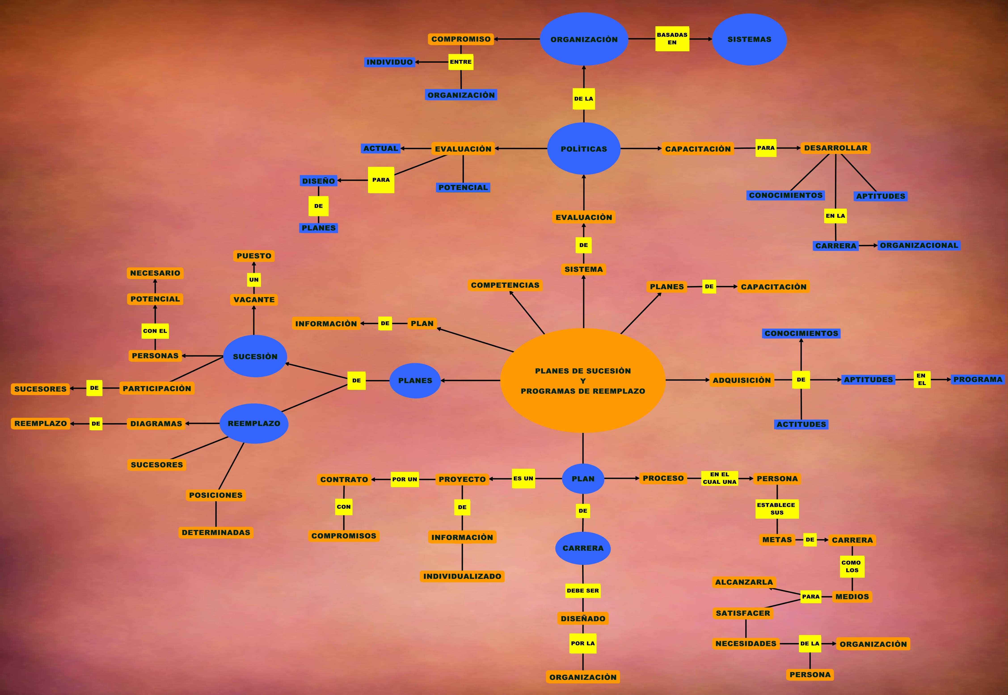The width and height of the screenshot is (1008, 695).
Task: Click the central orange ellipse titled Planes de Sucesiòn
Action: click(x=583, y=381)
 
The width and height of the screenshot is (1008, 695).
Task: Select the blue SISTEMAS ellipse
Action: click(x=749, y=39)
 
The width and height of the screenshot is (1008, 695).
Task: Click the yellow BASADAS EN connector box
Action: click(x=672, y=39)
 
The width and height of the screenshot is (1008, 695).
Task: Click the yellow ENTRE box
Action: click(x=461, y=62)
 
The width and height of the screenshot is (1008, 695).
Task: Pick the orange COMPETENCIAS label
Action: click(x=505, y=285)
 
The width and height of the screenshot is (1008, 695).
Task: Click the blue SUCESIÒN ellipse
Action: click(x=255, y=356)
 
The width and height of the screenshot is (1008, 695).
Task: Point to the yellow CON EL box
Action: click(x=155, y=331)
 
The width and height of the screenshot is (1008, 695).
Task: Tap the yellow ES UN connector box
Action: click(x=523, y=479)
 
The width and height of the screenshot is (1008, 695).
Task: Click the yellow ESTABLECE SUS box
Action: click(x=777, y=509)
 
